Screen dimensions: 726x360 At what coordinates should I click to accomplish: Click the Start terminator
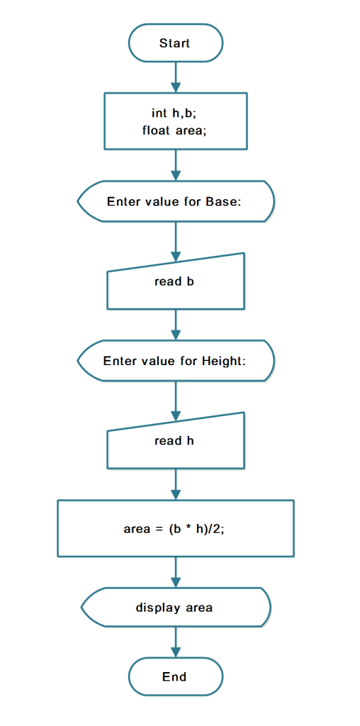[x=175, y=43]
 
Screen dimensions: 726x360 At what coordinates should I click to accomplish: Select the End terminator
[x=175, y=676]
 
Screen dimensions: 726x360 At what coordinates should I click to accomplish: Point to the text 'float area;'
[x=174, y=130]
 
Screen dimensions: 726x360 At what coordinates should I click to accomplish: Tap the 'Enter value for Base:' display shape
[x=175, y=201]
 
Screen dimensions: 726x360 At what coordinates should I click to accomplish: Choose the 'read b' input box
[x=175, y=282]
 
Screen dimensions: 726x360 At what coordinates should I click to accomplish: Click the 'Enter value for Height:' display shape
[x=175, y=361]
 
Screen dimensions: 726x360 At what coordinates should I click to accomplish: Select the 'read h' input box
[x=175, y=441]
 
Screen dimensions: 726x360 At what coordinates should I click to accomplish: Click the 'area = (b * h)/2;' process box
[x=175, y=528]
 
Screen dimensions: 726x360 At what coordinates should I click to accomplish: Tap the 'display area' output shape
[x=175, y=608]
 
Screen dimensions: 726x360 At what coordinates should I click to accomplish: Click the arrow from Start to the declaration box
[x=175, y=77]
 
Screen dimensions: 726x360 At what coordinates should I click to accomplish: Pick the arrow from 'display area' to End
[x=175, y=642]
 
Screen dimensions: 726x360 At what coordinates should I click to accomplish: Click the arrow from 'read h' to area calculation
[x=175, y=484]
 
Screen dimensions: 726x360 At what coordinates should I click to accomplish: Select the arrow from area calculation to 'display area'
[x=175, y=573]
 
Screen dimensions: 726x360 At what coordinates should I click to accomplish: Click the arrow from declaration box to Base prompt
[x=175, y=165]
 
